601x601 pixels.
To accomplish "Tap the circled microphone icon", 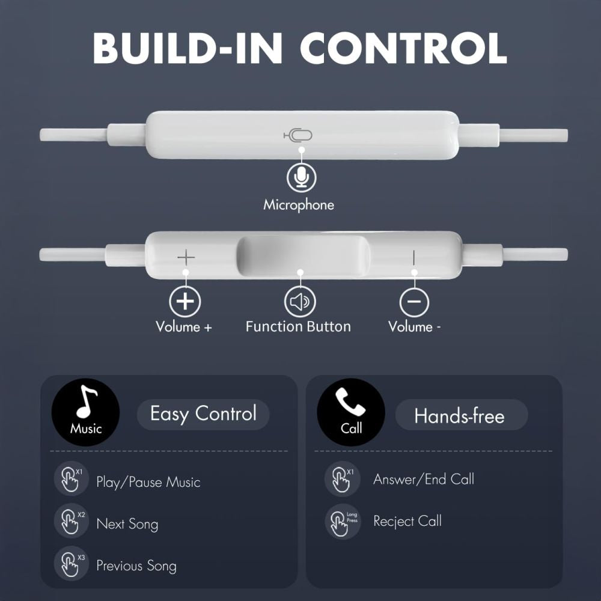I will click(x=301, y=177).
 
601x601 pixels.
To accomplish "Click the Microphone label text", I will click(x=299, y=205).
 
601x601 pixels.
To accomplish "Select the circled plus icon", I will click(x=185, y=301).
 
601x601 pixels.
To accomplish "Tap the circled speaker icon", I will click(x=299, y=302).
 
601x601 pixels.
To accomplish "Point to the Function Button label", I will click(x=298, y=327).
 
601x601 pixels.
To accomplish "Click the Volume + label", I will click(x=184, y=327).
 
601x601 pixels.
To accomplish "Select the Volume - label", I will click(x=415, y=327).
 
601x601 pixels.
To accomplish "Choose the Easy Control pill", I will click(x=203, y=414).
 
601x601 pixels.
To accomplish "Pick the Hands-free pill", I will click(x=460, y=415).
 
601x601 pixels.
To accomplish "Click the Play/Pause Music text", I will click(x=148, y=482).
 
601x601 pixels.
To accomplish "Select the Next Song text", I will click(x=127, y=524).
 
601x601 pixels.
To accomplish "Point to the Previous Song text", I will click(x=136, y=566).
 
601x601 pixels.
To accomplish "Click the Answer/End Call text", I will click(x=424, y=480).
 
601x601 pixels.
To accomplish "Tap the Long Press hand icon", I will click(x=342, y=522).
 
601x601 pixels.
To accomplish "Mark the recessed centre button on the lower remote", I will click(x=304, y=256).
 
